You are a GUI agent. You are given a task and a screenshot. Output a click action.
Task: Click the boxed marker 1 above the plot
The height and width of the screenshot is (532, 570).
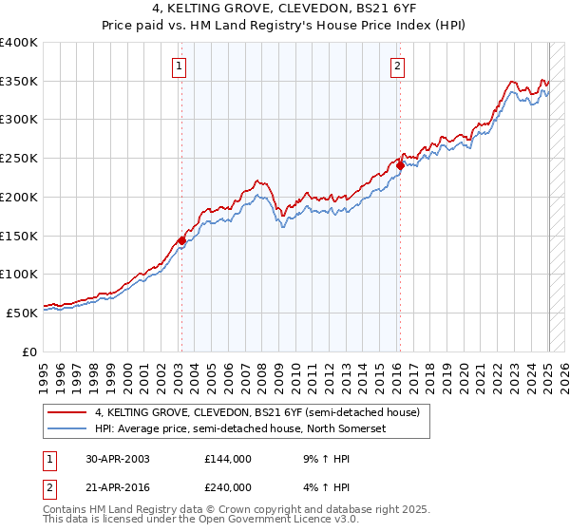180,66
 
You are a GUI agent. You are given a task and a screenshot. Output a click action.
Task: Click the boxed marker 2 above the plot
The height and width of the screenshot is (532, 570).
396,66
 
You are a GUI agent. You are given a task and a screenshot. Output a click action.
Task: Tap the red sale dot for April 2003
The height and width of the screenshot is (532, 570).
181,240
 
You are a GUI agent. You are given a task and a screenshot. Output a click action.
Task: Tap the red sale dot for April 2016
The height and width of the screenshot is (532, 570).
400,165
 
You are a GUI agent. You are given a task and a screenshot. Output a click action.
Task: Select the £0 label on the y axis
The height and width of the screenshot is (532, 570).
30,351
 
